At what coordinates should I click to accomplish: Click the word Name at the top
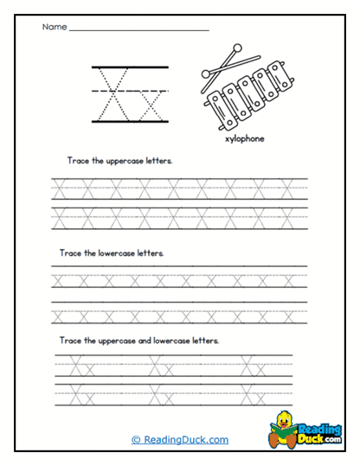[54, 28]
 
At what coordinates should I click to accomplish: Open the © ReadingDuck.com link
[180, 439]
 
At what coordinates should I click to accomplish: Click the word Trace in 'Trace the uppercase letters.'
[70, 162]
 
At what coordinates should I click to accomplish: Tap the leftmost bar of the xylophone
[215, 111]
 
